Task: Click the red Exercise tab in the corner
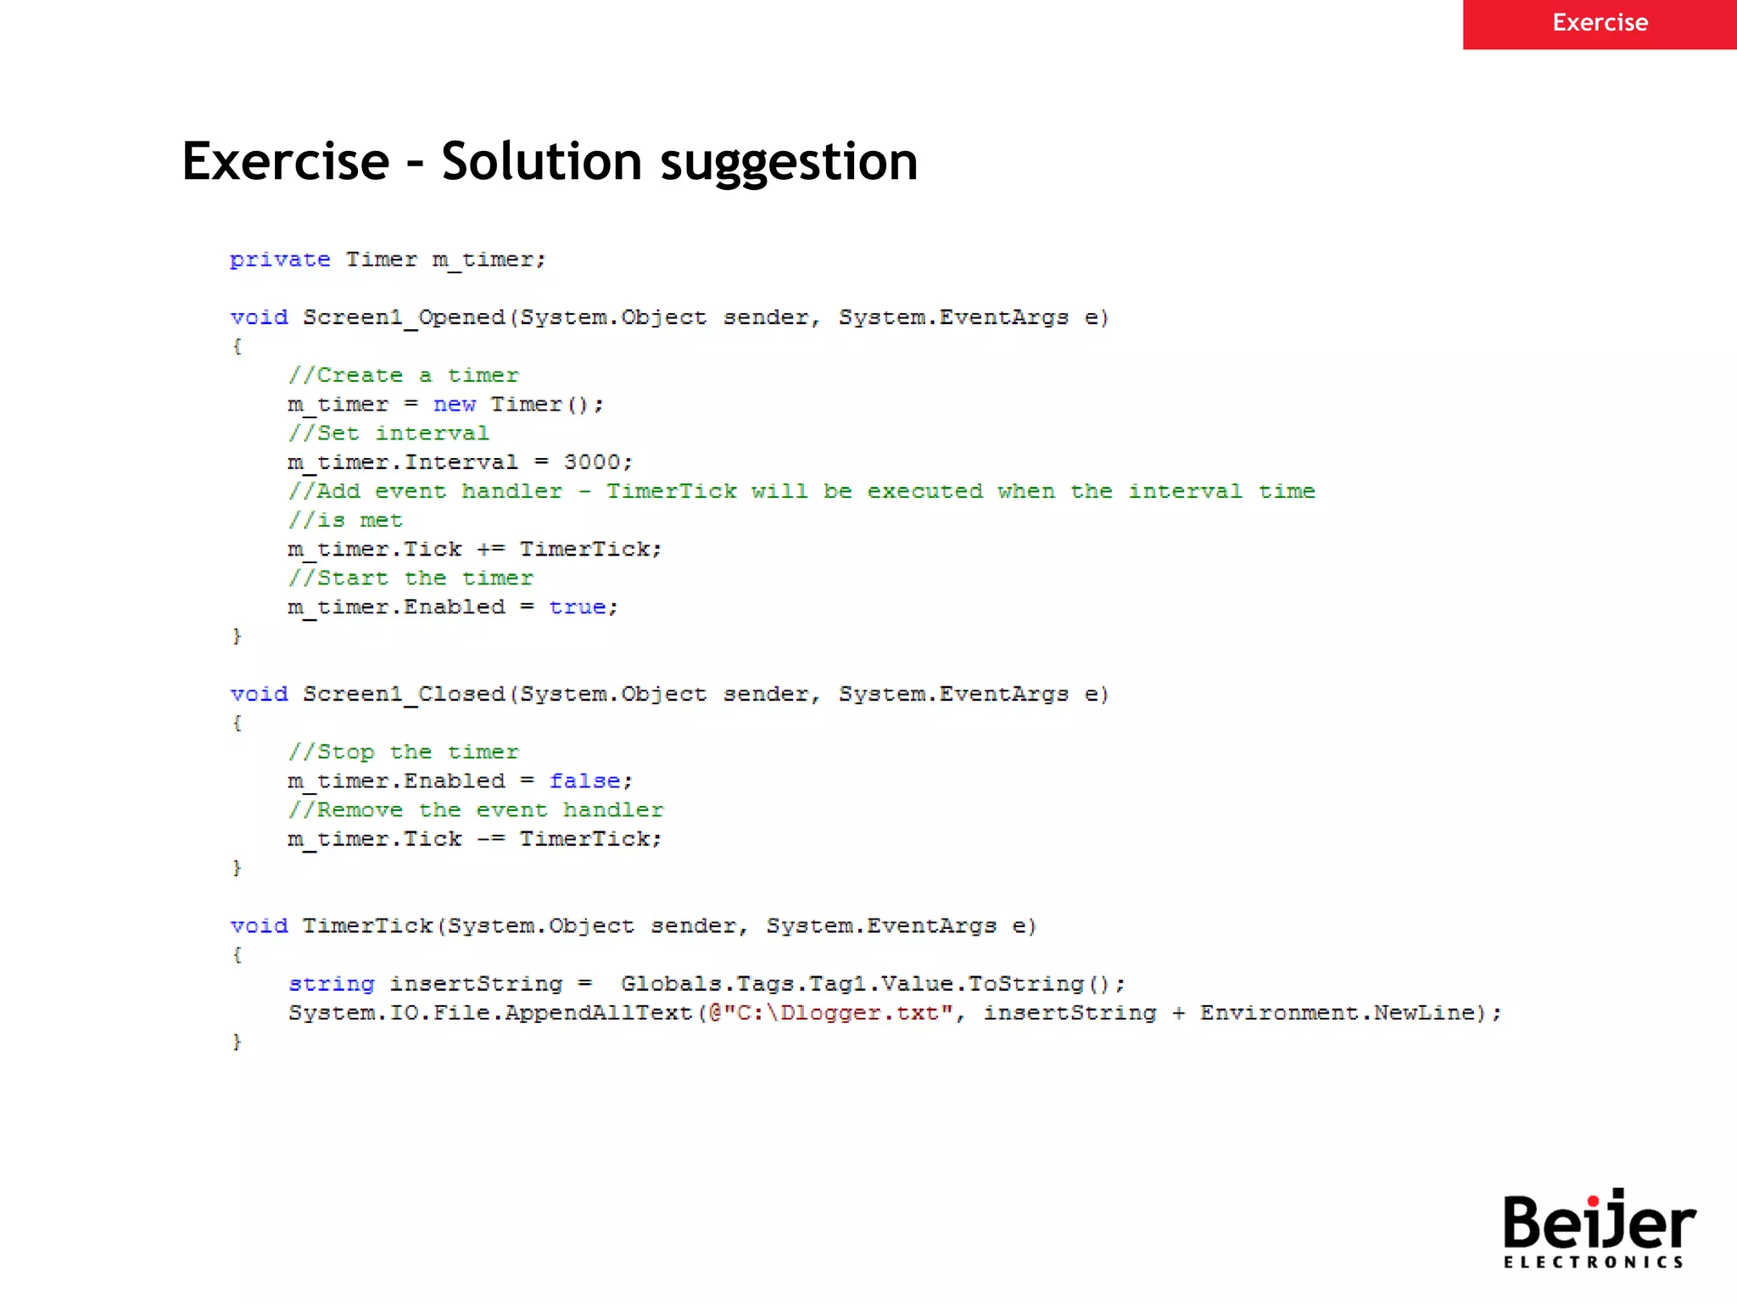[x=1599, y=24]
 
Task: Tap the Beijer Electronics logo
[x=1598, y=1228]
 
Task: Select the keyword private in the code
[x=280, y=260]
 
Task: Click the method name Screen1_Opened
[x=404, y=318]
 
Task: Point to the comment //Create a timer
[x=403, y=376]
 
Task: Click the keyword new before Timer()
[x=455, y=405]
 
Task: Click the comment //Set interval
[x=388, y=433]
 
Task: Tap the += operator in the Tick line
[x=490, y=550]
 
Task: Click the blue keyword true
[x=577, y=607]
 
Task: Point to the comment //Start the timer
[x=411, y=579]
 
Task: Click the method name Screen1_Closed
[x=404, y=695]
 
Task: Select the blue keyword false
[x=584, y=781]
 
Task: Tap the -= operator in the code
[x=490, y=839]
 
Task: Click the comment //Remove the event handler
[x=475, y=810]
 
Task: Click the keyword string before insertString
[x=331, y=984]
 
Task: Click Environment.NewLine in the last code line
[x=1337, y=1013]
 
